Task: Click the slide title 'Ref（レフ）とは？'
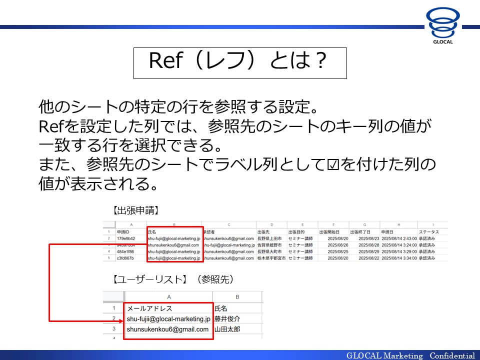(x=239, y=62)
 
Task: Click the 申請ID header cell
(x=123, y=232)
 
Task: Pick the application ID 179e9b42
(x=125, y=238)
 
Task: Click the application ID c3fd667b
(x=125, y=258)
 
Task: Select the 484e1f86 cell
(x=125, y=251)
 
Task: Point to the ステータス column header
(x=429, y=232)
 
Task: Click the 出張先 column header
(x=263, y=232)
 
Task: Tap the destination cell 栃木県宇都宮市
(x=271, y=258)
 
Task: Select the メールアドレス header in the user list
(x=149, y=308)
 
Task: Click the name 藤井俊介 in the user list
(x=227, y=318)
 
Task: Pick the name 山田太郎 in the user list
(x=227, y=329)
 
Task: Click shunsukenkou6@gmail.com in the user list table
(x=167, y=329)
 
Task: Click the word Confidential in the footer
(x=452, y=355)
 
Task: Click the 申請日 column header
(x=387, y=232)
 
